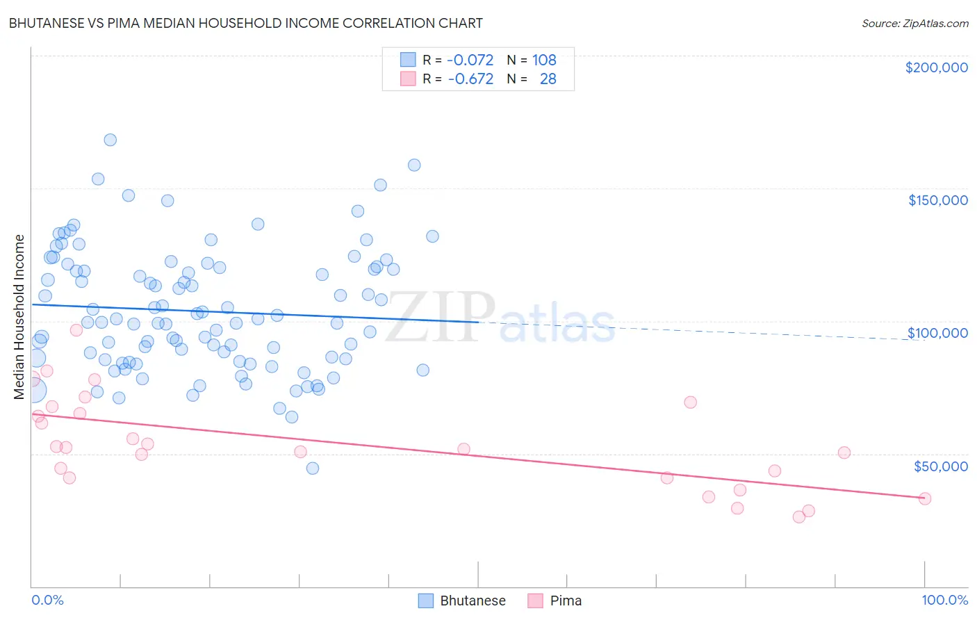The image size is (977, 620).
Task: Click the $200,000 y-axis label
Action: [936, 67]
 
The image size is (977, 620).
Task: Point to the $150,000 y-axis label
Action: [937, 200]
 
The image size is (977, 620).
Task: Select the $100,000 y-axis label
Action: [937, 333]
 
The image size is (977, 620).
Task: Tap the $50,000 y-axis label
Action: [940, 466]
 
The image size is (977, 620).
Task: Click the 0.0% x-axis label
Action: [47, 600]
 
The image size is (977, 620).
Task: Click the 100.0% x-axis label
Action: [944, 600]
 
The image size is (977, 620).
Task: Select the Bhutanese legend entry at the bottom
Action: [462, 601]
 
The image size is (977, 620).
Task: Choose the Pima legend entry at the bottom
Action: [555, 601]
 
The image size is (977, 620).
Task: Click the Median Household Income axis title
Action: [19, 317]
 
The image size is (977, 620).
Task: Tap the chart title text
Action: [245, 23]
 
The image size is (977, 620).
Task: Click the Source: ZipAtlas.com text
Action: [914, 23]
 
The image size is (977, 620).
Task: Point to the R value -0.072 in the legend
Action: [470, 60]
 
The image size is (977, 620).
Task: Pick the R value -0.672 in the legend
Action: [470, 79]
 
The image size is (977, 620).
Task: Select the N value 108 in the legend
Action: [544, 60]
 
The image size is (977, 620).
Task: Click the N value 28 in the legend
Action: [548, 79]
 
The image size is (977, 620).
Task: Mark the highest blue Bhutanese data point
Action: [110, 140]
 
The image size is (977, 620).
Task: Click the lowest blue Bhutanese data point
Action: [313, 468]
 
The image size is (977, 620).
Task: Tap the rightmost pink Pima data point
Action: [924, 498]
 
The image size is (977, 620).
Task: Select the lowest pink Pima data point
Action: [799, 516]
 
